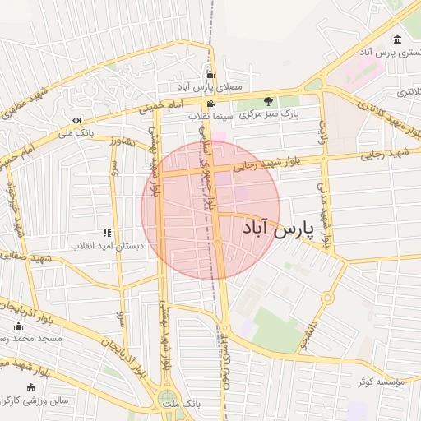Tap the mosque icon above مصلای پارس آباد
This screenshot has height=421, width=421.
click(209, 76)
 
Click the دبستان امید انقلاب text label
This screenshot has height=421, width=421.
click(106, 246)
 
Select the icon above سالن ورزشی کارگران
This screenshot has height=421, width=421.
click(31, 387)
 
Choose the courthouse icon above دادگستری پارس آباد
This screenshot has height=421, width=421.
click(398, 40)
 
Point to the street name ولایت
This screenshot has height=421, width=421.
click(323, 132)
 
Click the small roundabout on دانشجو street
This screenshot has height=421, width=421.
click(327, 298)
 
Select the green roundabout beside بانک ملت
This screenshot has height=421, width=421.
click(167, 400)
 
